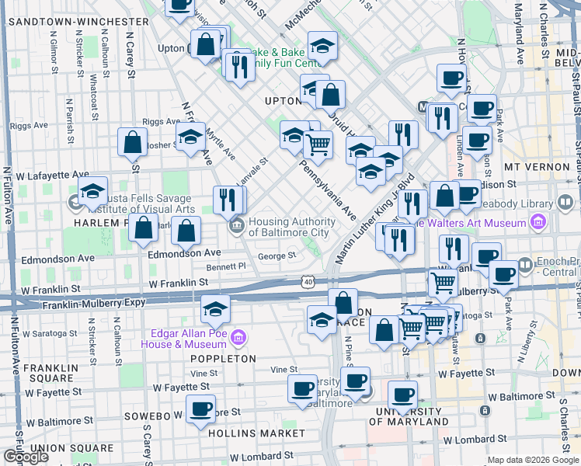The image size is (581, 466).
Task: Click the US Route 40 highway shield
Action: pyautogui.click(x=308, y=283)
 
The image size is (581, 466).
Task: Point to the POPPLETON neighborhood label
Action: pyautogui.click(x=224, y=359)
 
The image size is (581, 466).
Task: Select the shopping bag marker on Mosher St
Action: pyautogui.click(x=133, y=143)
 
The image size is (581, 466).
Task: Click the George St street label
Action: pyautogui.click(x=277, y=255)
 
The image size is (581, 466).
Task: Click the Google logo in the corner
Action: pyautogui.click(x=26, y=457)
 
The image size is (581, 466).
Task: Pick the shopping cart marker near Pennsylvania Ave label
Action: pyautogui.click(x=318, y=144)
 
